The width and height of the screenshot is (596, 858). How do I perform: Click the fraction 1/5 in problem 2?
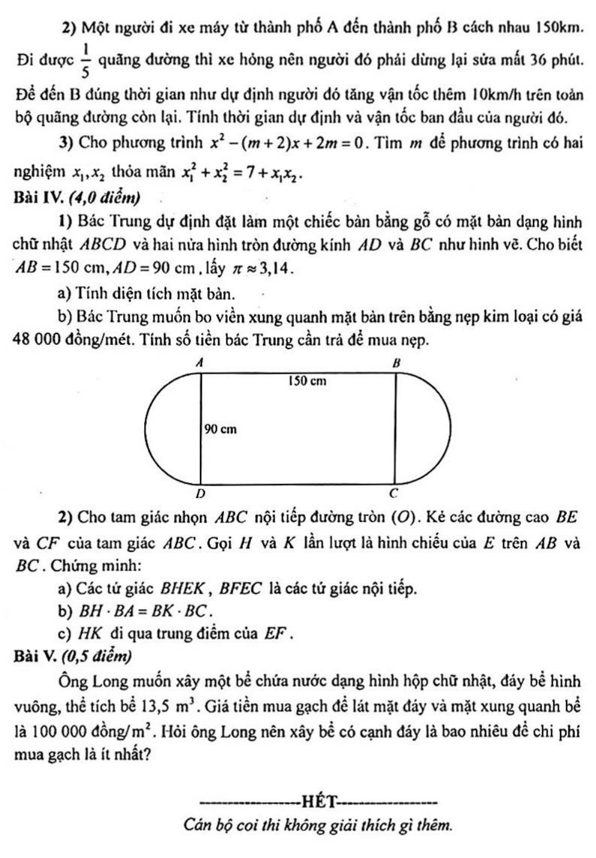pos(85,61)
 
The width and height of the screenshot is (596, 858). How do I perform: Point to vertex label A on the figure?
pos(200,362)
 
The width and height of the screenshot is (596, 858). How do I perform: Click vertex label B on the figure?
pos(395,363)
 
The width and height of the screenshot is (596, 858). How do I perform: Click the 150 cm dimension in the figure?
pos(307,381)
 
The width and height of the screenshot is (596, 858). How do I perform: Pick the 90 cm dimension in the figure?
pos(220,429)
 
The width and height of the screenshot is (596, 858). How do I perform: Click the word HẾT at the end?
pos(318,802)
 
